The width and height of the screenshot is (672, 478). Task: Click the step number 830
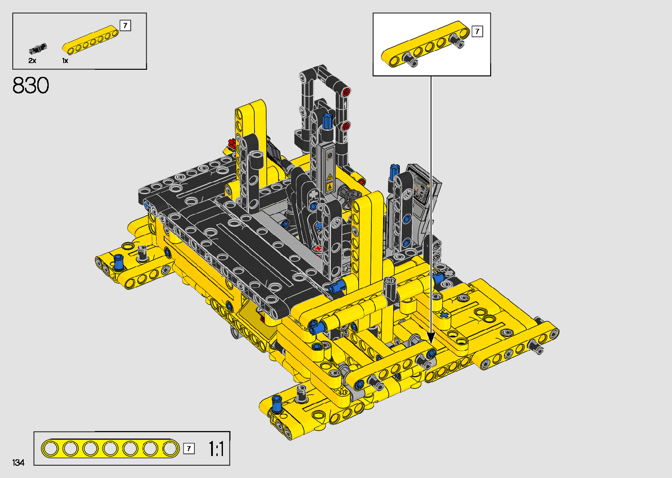[31, 86]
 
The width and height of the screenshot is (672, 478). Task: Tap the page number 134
[18, 462]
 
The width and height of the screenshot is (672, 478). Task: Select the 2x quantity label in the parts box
[32, 61]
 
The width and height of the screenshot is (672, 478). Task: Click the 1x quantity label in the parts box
[65, 61]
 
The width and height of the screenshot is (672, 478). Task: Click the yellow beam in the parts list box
[90, 40]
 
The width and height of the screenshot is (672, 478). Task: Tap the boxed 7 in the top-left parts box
[125, 25]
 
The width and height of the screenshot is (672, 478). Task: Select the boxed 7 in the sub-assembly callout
[477, 32]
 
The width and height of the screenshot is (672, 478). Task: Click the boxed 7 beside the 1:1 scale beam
[189, 449]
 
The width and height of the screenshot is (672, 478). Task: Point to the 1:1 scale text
[216, 449]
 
